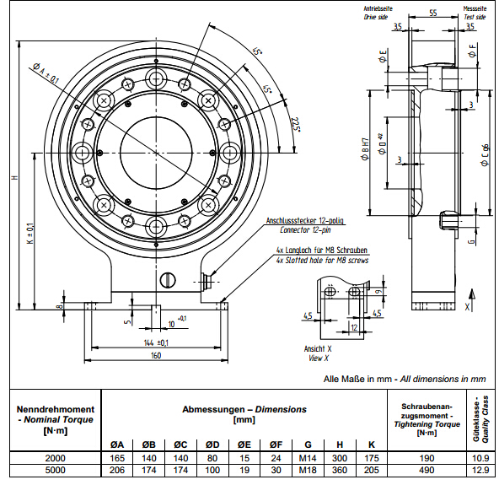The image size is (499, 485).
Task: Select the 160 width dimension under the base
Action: tap(155, 356)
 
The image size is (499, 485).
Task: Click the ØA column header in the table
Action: tap(119, 445)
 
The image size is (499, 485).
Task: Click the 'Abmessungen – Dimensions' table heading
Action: tap(244, 409)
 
